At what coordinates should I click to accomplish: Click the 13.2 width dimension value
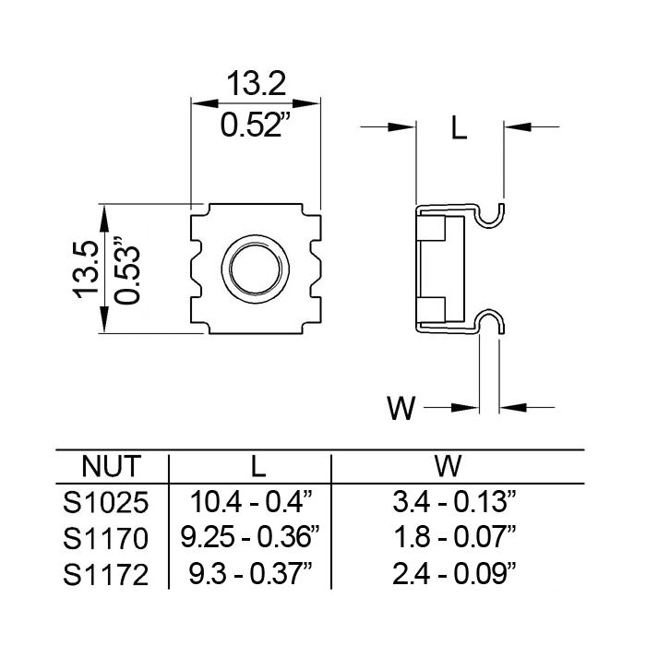click(256, 85)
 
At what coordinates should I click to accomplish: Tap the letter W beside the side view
click(401, 407)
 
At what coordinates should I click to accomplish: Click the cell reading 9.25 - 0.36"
click(250, 539)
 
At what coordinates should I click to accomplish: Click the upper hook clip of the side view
click(494, 213)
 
